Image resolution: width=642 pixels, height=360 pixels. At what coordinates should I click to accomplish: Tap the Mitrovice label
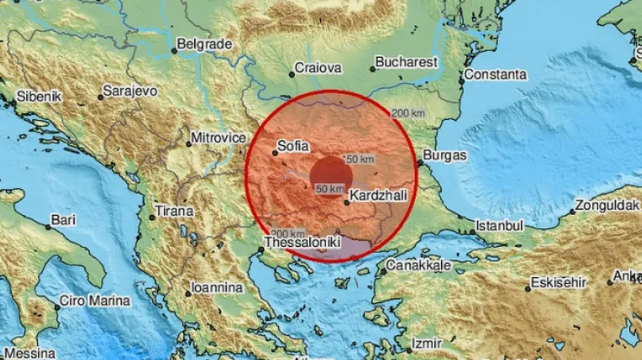point(219,137)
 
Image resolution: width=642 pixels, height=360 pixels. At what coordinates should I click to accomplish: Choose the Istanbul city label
point(499,226)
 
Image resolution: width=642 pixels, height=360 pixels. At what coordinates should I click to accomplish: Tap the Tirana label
point(174,210)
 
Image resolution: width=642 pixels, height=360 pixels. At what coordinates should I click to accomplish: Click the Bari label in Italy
point(63,221)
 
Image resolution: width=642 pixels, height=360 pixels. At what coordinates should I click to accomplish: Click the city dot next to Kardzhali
point(346,202)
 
